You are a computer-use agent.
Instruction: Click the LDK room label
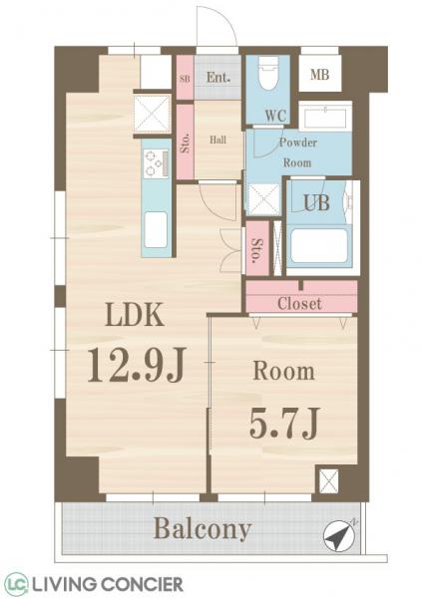[x=135, y=318]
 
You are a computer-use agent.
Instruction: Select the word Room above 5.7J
[x=283, y=373]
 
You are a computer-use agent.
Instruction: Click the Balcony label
[x=202, y=528]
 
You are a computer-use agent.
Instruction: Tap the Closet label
[x=300, y=303]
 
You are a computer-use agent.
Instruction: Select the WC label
[x=276, y=115]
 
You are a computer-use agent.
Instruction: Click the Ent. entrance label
[x=218, y=76]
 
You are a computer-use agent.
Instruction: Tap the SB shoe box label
[x=185, y=77]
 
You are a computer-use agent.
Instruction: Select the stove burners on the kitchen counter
[x=155, y=161]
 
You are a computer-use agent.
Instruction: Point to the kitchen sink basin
[x=156, y=232]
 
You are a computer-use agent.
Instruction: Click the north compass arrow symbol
[x=339, y=536]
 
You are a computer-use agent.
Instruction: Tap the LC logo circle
[x=15, y=583]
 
